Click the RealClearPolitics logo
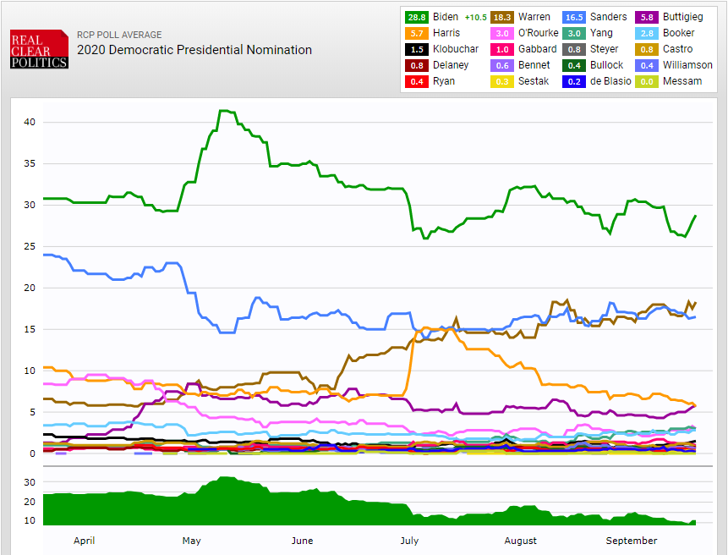[39, 49]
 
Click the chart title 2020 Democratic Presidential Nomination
[194, 50]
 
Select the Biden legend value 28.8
[416, 17]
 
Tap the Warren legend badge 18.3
[501, 17]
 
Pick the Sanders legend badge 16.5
[575, 17]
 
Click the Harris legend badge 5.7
[416, 33]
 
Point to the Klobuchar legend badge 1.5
[416, 49]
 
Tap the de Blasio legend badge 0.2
[575, 81]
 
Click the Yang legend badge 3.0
[575, 33]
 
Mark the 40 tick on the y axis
[30, 122]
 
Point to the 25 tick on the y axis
[30, 246]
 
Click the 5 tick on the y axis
[32, 412]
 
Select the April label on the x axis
[84, 541]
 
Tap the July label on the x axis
[409, 541]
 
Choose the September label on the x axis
[631, 541]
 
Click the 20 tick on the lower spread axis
[30, 502]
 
